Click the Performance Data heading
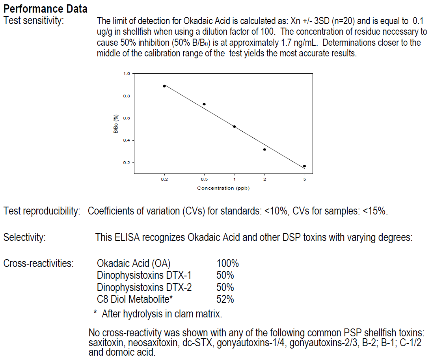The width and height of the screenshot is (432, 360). (45, 8)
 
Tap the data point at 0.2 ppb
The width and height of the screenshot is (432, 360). (164, 86)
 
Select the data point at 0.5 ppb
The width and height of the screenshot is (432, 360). (204, 104)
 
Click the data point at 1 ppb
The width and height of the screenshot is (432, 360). (235, 127)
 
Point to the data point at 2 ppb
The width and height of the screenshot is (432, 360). (264, 149)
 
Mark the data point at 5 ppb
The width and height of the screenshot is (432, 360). (304, 166)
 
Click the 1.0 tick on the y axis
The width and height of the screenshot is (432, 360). (127, 74)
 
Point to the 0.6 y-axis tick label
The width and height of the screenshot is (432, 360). (127, 118)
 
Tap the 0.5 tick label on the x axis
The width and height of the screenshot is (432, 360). (204, 179)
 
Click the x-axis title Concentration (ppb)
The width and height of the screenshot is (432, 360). (223, 188)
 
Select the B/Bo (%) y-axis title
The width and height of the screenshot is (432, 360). (116, 124)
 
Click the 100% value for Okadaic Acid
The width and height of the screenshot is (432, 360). (227, 263)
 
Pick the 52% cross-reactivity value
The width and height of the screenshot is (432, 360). (225, 299)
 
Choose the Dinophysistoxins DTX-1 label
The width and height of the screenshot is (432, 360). (144, 275)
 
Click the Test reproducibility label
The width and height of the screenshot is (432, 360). (42, 211)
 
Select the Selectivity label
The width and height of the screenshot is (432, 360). (24, 238)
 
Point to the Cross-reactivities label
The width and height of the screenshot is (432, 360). (39, 263)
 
